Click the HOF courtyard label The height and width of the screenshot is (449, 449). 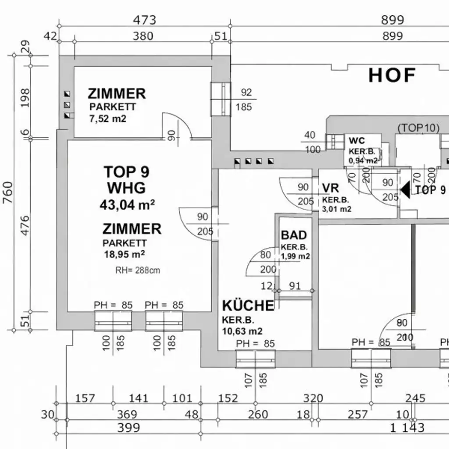click(392, 75)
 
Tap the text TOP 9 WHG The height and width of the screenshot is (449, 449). click(126, 180)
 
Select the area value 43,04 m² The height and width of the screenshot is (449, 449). click(126, 204)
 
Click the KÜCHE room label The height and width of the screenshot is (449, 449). click(248, 306)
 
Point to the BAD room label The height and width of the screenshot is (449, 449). click(294, 235)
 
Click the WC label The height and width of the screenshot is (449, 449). click(357, 141)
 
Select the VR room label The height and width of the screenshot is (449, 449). click(330, 188)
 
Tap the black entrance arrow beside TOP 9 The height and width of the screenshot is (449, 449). click(406, 189)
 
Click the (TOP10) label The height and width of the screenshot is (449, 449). click(418, 128)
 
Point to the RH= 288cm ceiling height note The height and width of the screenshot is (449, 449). click(138, 270)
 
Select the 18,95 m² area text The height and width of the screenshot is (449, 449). click(124, 254)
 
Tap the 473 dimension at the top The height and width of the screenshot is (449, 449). click(144, 20)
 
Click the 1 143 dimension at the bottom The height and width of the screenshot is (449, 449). click(407, 428)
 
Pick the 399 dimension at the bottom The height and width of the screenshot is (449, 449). click(128, 428)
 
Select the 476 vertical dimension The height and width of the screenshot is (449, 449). click(25, 225)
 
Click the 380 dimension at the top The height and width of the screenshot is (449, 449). click(143, 36)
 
